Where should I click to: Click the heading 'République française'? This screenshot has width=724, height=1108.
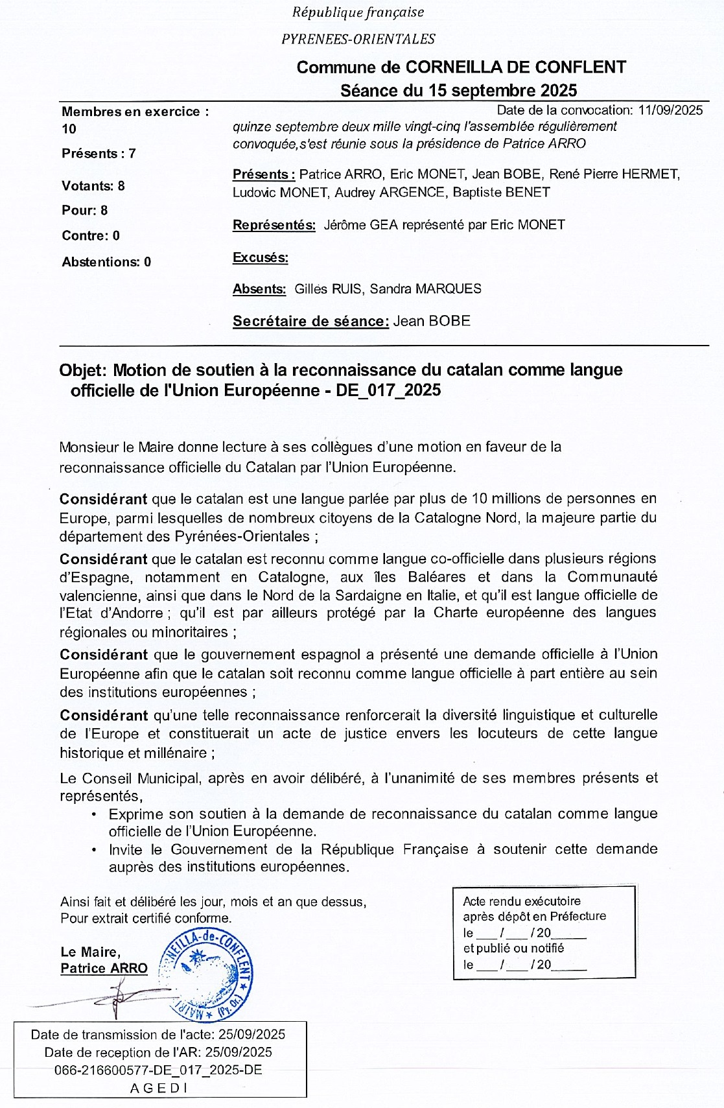click(x=358, y=12)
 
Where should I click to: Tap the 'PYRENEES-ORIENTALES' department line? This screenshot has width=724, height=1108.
click(x=358, y=39)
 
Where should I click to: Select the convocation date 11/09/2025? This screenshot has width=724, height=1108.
click(x=670, y=110)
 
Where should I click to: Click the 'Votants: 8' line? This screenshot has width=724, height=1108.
click(x=93, y=186)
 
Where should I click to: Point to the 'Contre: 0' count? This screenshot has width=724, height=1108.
click(x=91, y=236)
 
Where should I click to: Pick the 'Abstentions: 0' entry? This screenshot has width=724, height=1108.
click(x=106, y=262)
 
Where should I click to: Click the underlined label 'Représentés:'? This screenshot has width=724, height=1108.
click(x=274, y=225)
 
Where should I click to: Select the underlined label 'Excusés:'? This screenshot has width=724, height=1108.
click(x=261, y=257)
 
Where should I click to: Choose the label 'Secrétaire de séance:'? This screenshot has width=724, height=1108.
click(x=310, y=321)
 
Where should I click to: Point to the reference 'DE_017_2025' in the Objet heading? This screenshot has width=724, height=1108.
click(x=388, y=390)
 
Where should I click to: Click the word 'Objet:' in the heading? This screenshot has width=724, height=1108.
click(x=82, y=370)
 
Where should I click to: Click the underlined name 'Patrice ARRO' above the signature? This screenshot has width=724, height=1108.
click(x=104, y=968)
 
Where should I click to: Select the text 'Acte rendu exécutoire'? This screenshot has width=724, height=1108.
click(x=522, y=901)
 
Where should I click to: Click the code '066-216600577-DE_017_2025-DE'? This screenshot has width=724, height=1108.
click(x=159, y=1070)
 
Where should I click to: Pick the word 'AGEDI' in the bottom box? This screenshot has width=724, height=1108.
click(x=159, y=1088)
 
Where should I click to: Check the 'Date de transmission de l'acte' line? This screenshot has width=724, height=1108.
click(x=159, y=1035)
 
